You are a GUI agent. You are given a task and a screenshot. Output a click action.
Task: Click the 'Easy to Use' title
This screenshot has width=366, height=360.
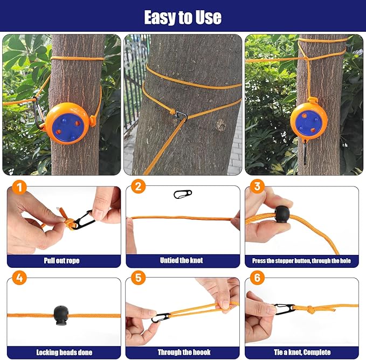click(x=183, y=17)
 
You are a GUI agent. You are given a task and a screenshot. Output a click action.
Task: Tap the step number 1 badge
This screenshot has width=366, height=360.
click(x=19, y=188)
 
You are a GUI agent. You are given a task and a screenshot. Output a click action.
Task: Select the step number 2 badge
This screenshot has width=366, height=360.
click(x=138, y=188)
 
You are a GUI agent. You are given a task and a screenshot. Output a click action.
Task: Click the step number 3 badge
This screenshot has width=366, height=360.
click(x=257, y=188)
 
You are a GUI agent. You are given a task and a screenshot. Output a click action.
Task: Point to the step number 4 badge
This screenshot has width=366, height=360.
click(x=19, y=279)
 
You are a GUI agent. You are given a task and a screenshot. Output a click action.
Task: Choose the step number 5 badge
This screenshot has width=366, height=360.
click(x=138, y=279)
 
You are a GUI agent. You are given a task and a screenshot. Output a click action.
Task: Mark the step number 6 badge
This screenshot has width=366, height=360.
click(x=257, y=279)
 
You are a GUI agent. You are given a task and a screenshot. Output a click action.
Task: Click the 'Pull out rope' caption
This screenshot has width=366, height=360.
click(x=62, y=261)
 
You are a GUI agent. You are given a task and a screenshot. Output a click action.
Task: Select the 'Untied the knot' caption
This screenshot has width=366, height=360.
click(x=182, y=261)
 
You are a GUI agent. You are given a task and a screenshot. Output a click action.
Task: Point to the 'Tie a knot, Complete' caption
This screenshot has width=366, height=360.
click(x=301, y=352)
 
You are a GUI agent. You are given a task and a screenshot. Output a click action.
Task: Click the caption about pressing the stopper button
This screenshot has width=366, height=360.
click(x=301, y=261)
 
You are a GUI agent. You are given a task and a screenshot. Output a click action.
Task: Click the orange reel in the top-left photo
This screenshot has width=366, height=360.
click(x=65, y=123)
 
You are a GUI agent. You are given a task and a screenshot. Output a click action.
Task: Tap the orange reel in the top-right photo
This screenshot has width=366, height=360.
click(x=309, y=122)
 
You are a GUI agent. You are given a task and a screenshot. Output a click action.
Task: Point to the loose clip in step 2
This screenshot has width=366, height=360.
click(x=183, y=194)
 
